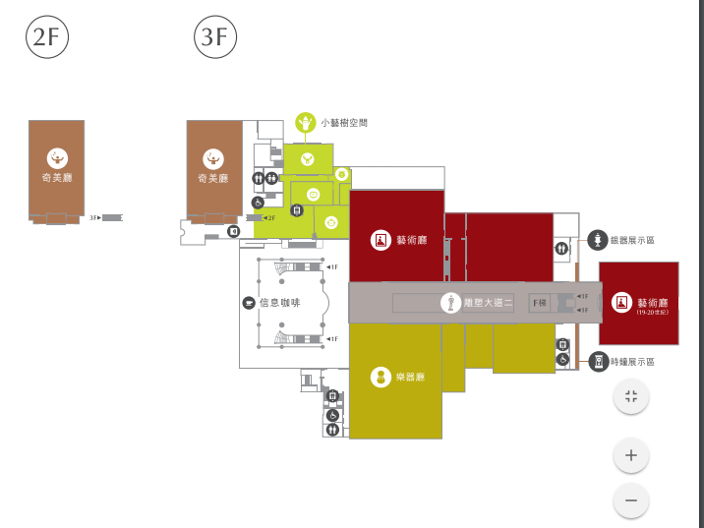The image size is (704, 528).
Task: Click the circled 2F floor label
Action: [x=46, y=37]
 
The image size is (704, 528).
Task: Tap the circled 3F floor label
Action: [x=214, y=37]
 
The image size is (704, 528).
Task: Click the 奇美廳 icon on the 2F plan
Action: [x=57, y=157]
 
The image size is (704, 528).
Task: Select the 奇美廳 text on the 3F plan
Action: [x=213, y=179]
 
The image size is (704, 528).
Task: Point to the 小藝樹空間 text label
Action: [x=344, y=123]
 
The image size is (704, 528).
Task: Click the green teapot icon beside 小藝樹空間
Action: [x=305, y=123]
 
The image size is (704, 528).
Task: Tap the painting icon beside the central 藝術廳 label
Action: [x=381, y=239]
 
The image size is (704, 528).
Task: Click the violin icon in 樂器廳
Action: [x=381, y=377]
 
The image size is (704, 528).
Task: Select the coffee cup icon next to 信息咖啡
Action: [x=249, y=302]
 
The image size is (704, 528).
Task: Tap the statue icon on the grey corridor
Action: [x=450, y=303]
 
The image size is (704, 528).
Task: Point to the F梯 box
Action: [x=540, y=303]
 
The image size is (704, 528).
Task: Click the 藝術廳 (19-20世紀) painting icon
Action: [x=621, y=302]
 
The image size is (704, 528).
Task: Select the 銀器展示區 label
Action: [x=632, y=240]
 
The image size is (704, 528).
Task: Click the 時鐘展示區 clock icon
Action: [x=596, y=362]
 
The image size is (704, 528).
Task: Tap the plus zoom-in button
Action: [x=631, y=455]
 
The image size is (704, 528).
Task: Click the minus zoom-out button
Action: [x=631, y=500]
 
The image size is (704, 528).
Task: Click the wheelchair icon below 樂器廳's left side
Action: [x=332, y=415]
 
